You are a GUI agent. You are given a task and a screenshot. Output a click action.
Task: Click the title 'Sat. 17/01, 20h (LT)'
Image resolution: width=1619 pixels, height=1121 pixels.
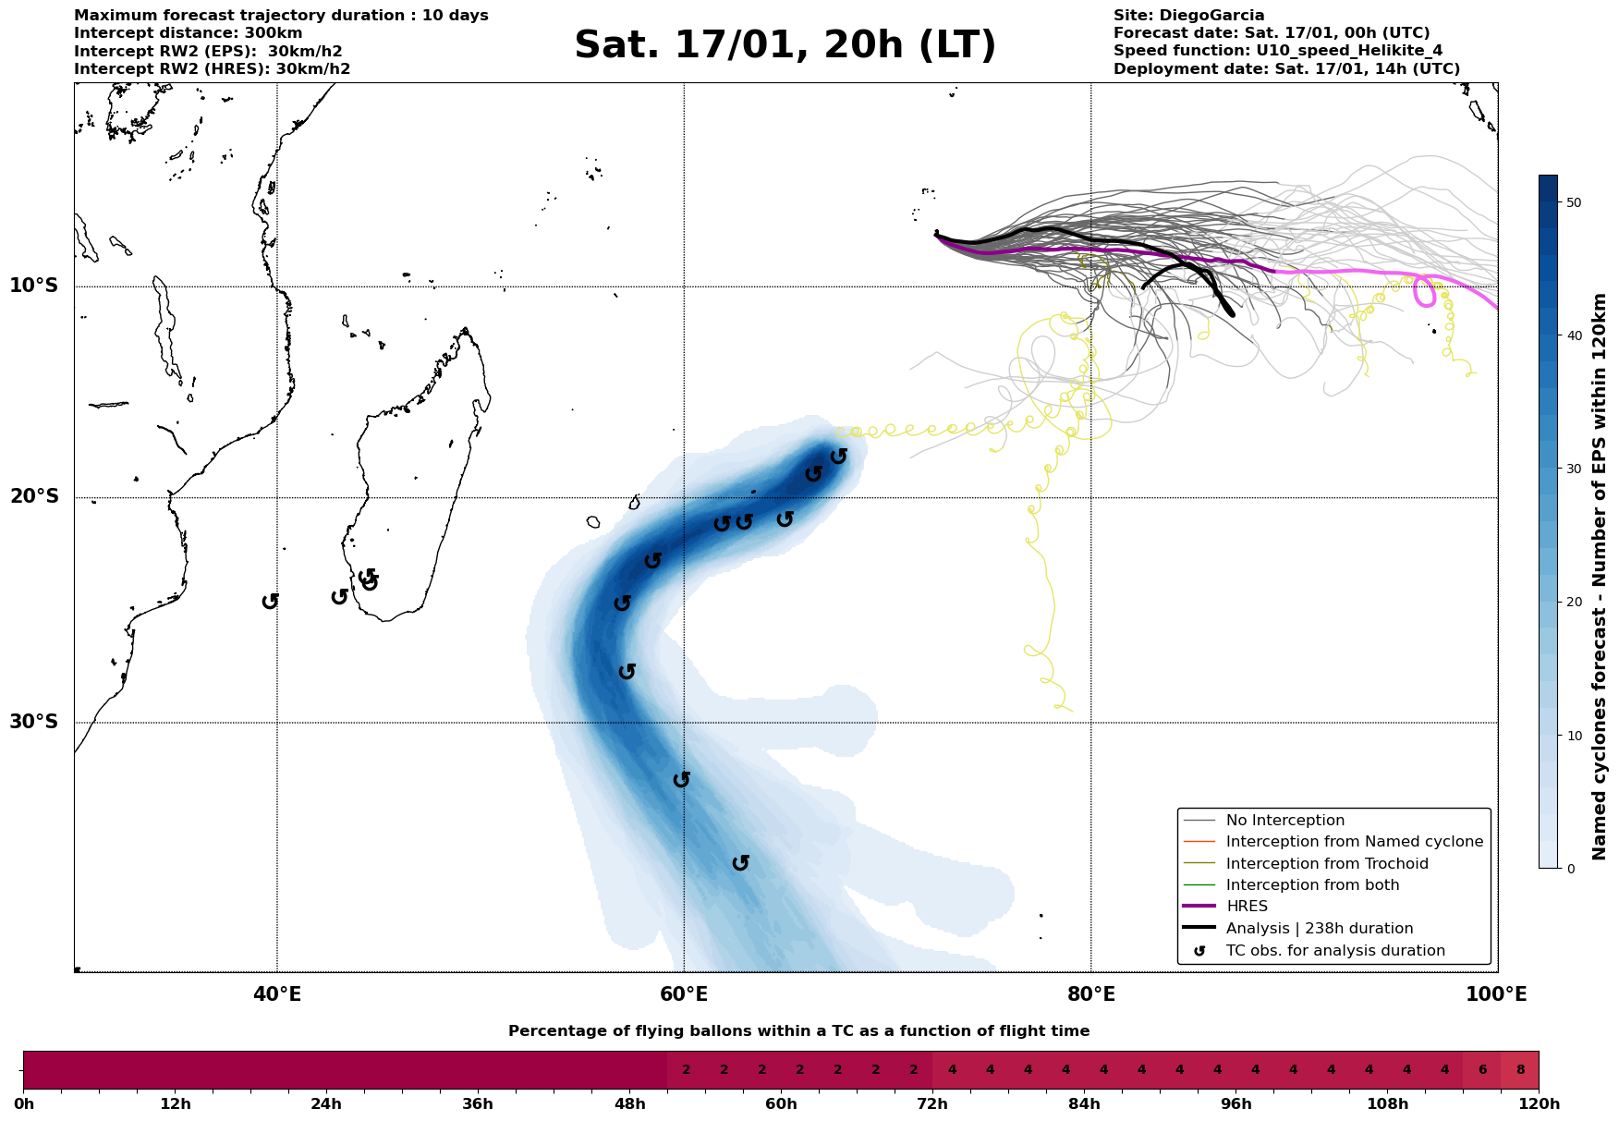coord(785,46)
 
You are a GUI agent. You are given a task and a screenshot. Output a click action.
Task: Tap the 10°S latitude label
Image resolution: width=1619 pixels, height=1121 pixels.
coord(34,286)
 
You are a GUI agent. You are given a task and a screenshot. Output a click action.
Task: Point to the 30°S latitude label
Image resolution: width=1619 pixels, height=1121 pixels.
coord(34,722)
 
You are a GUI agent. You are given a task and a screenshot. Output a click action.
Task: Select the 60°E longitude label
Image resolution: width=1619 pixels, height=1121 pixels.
coord(684,995)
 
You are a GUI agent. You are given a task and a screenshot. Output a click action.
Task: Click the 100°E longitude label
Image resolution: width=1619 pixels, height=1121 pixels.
coord(1496,995)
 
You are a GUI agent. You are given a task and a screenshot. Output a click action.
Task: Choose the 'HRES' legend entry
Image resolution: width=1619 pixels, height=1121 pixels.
coord(1247,907)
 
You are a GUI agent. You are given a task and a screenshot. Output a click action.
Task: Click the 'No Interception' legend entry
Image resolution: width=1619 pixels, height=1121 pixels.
coord(1284,821)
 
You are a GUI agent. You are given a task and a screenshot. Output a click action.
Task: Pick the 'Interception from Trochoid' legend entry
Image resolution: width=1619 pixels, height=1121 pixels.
coord(1326,864)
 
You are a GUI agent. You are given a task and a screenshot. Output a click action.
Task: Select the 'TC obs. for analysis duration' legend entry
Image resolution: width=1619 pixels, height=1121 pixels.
coord(1334,951)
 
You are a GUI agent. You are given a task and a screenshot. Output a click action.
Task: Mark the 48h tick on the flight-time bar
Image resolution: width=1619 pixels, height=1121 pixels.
coord(629,1104)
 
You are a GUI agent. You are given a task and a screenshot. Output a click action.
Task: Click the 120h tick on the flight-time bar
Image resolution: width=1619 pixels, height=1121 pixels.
coord(1539,1104)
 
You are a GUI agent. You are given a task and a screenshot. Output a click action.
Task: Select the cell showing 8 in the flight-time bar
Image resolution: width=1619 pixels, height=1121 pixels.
coord(1520,1070)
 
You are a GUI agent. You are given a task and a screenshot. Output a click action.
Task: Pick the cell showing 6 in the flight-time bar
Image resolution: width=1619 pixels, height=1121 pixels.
coord(1482,1070)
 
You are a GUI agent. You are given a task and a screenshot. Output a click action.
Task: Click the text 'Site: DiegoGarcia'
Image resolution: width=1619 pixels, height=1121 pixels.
coord(1188,16)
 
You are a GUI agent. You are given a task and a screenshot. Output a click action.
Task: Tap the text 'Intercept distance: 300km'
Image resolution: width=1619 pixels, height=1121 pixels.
coord(188,33)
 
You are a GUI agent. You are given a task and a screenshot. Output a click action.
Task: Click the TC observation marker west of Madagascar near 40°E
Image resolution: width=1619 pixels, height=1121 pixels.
coord(270,602)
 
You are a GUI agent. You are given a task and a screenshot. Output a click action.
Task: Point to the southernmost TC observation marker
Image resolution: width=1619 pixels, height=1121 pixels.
coord(740,863)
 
